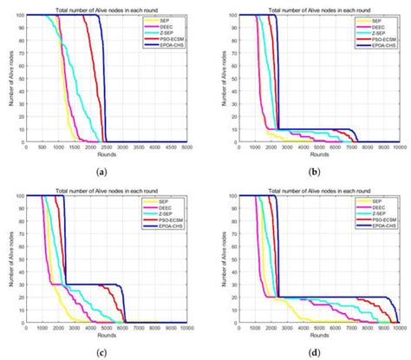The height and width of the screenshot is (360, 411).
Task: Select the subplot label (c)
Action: [x=102, y=353]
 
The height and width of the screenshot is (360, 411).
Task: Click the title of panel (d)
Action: [x=308, y=188]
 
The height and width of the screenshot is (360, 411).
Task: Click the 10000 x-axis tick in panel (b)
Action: [x=397, y=148]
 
